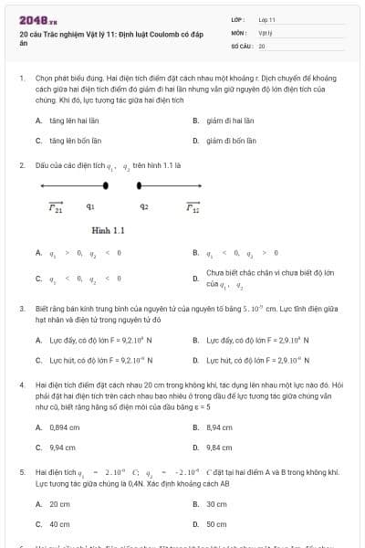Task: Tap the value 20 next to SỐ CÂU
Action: (x=262, y=45)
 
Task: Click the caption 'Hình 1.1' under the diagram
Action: (x=108, y=230)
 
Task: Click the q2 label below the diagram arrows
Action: (x=144, y=207)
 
